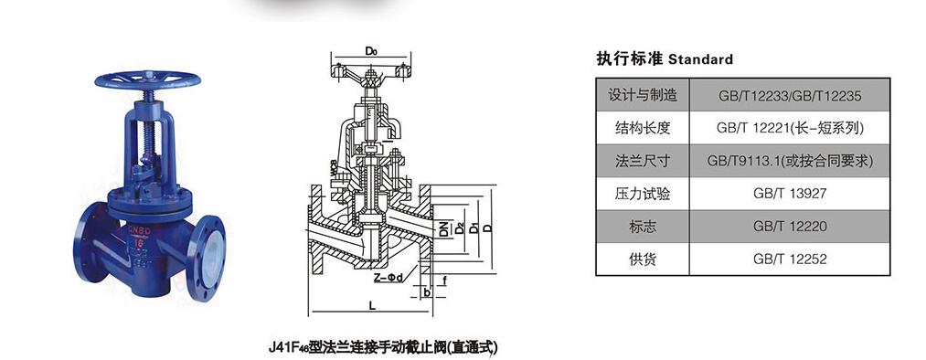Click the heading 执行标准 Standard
(x=664, y=59)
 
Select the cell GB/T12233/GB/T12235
(x=790, y=95)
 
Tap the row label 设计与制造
(x=644, y=95)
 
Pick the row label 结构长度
(x=644, y=128)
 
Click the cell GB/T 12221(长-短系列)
(x=790, y=128)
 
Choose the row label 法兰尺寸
(x=644, y=161)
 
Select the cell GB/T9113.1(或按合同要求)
(x=790, y=161)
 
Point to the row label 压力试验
(x=644, y=194)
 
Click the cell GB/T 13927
(x=790, y=194)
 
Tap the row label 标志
(x=644, y=227)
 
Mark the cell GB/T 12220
(x=790, y=227)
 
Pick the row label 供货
(x=644, y=259)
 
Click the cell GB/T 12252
(x=790, y=259)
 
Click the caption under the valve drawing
(x=384, y=346)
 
